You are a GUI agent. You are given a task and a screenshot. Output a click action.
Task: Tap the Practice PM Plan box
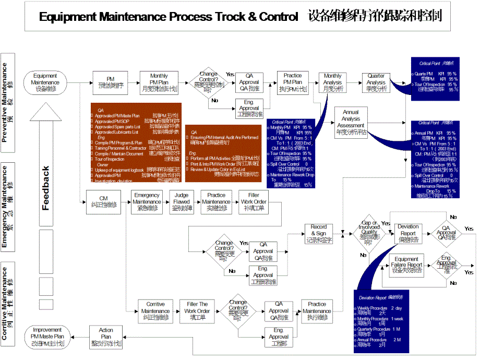point(293,82)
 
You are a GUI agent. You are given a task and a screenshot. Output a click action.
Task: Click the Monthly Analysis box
point(333,82)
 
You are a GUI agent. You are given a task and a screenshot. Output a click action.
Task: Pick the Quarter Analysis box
point(376,82)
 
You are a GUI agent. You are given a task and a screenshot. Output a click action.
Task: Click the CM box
point(103,202)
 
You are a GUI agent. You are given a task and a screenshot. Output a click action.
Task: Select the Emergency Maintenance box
point(147,202)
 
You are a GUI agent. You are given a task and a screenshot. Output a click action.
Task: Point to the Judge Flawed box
point(182,202)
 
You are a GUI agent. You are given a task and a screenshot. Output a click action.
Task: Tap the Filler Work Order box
point(254,202)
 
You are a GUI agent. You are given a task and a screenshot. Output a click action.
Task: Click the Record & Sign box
point(319,234)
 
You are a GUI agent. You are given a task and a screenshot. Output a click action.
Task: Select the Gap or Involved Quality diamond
point(369,233)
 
